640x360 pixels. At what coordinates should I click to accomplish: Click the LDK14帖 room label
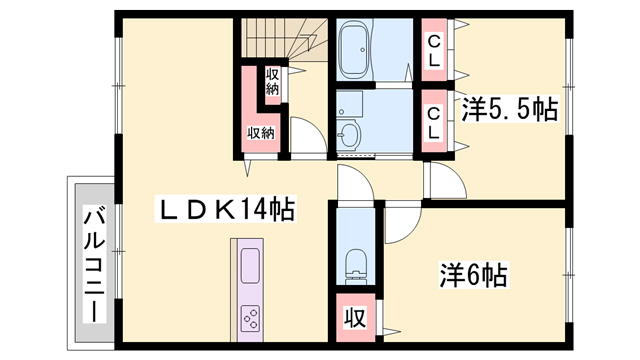tap(226, 209)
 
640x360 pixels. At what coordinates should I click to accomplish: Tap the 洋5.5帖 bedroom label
tap(509, 109)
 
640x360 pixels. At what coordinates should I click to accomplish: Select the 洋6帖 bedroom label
tap(473, 275)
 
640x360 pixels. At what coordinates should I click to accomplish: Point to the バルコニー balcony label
tap(94, 264)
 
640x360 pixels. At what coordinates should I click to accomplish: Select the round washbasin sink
tap(349, 133)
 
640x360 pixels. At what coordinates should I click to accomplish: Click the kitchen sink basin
tap(250, 266)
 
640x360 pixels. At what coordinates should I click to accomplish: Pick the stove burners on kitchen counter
tap(250, 318)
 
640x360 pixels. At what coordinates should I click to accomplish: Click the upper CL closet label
tap(434, 51)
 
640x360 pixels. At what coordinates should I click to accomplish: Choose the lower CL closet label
tap(434, 123)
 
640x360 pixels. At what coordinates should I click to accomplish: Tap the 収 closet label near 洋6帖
tap(356, 318)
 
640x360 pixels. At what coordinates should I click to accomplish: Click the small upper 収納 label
tap(273, 82)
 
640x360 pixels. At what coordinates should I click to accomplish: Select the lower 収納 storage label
tap(261, 133)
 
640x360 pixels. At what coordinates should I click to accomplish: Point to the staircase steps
tap(284, 38)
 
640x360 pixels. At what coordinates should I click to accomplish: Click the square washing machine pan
tap(350, 103)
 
